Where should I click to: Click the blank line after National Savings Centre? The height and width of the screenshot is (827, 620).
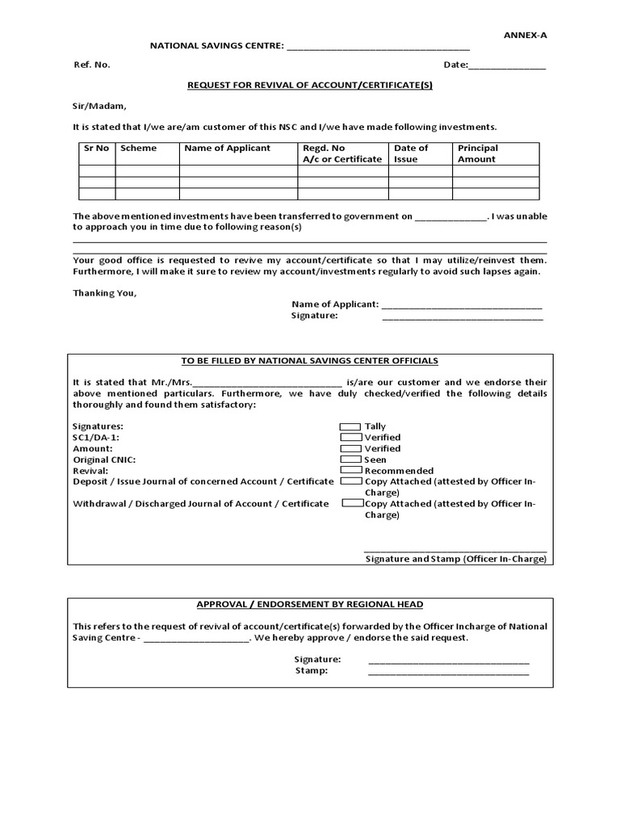(x=378, y=48)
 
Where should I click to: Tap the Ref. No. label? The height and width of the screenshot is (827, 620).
(x=91, y=65)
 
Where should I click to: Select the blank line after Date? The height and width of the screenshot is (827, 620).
(x=507, y=66)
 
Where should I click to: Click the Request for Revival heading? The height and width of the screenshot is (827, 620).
(x=310, y=85)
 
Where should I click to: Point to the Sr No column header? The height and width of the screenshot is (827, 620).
(x=96, y=149)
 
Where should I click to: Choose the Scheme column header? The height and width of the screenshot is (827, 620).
(x=139, y=149)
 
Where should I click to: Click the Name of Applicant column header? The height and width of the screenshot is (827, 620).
(x=228, y=149)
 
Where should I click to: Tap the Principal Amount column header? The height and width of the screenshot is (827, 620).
(x=478, y=153)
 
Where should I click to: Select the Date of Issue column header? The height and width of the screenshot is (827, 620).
(x=411, y=153)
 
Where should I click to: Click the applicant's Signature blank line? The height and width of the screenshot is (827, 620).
(x=462, y=318)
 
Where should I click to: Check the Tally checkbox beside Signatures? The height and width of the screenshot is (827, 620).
(x=350, y=426)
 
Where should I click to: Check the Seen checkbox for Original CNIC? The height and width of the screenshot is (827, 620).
(x=350, y=460)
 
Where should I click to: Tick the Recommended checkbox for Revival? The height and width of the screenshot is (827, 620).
(x=350, y=470)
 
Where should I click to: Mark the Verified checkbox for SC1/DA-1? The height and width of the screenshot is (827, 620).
(x=350, y=437)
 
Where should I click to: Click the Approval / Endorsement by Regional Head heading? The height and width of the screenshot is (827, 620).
(x=310, y=604)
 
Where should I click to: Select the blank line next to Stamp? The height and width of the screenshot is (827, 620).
(x=449, y=673)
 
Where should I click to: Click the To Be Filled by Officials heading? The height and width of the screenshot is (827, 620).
(x=310, y=361)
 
